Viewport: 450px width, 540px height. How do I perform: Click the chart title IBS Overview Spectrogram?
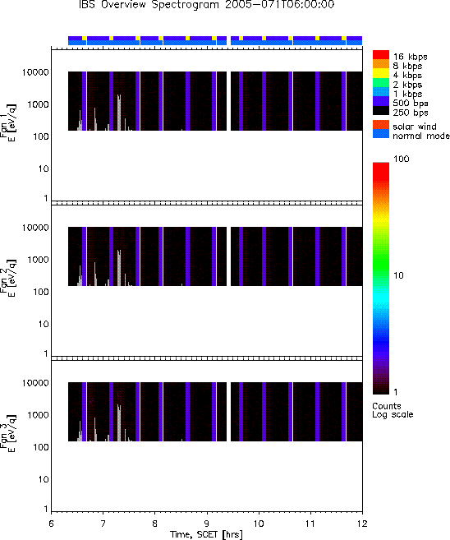151,4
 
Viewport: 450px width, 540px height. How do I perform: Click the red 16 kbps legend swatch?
381,55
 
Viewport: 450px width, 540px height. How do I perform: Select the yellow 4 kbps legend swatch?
381,74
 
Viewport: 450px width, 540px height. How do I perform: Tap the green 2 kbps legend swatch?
381,83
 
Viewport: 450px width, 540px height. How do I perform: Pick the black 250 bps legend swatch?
381,111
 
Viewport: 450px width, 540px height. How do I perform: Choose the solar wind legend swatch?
381,125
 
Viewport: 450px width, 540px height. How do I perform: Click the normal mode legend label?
421,136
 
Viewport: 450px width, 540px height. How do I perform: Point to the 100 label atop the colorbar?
402,159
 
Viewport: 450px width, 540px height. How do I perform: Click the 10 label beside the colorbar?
398,275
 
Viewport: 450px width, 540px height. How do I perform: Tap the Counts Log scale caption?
393,410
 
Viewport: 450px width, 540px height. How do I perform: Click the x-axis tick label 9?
207,524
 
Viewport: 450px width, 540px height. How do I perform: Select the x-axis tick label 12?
362,524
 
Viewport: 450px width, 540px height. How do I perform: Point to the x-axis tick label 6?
51,524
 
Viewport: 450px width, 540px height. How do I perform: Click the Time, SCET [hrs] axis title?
206,535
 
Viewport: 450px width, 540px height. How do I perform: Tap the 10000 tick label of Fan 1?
35,72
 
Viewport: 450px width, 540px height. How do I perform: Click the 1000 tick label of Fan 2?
39,260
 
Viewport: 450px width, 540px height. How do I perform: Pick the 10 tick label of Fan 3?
44,479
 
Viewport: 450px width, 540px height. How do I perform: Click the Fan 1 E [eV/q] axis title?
8,123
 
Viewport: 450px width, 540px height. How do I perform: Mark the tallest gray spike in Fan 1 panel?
119,113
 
